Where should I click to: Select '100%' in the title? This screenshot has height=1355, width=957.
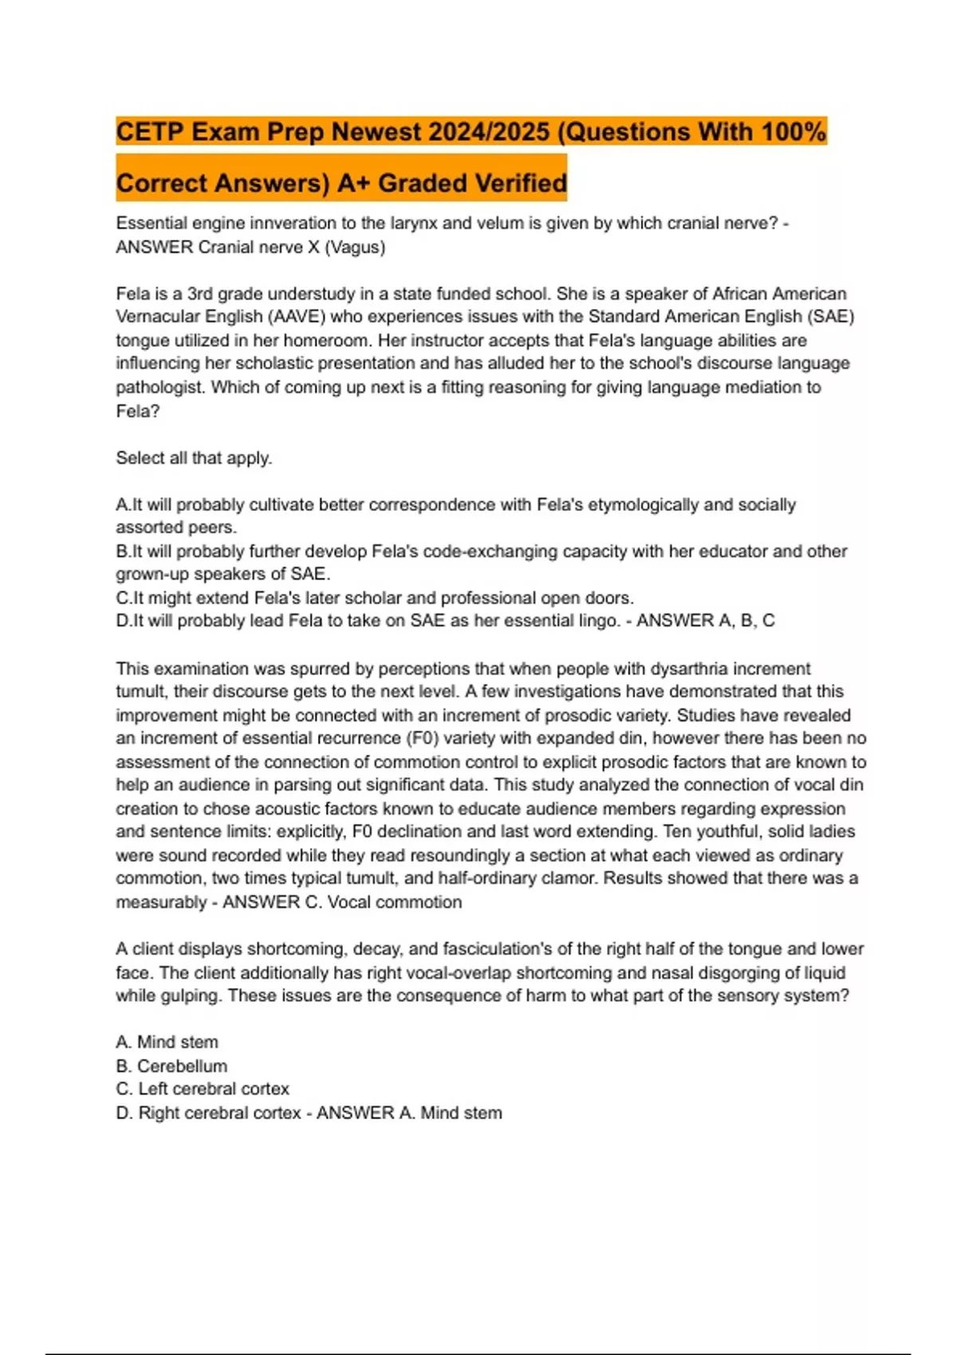click(x=794, y=132)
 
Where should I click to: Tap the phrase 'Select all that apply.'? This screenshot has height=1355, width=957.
click(x=194, y=458)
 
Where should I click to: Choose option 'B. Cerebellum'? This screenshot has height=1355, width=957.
click(x=171, y=1066)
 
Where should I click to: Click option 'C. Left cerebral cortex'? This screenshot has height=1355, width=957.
click(x=203, y=1089)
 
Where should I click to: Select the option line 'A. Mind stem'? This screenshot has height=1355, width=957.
click(x=167, y=1043)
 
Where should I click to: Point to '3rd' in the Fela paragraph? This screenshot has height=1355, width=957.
click(x=201, y=293)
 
